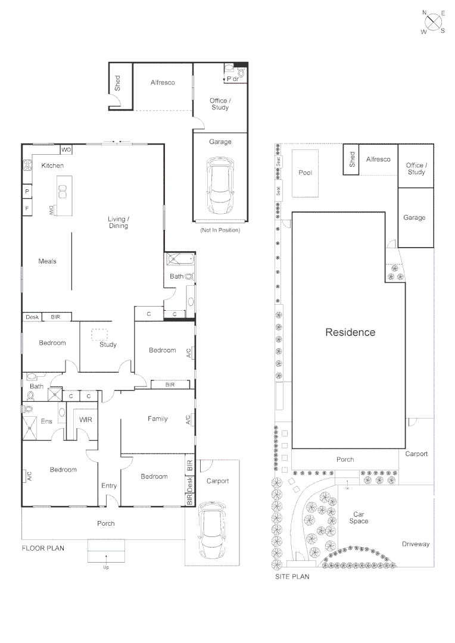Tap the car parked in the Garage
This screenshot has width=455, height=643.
(x=220, y=187)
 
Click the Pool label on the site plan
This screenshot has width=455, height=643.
(x=305, y=173)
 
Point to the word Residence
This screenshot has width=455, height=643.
(x=350, y=332)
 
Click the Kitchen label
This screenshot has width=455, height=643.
(x=52, y=166)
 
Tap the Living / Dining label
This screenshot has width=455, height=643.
(x=118, y=223)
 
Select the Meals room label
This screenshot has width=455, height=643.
(x=47, y=261)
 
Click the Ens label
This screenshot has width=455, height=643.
(x=46, y=422)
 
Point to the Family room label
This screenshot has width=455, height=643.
(x=157, y=419)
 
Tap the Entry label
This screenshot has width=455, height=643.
(x=109, y=486)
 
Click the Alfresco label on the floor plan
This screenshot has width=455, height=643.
(x=163, y=83)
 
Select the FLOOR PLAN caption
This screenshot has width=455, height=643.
(x=43, y=548)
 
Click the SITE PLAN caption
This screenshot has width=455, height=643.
(x=292, y=576)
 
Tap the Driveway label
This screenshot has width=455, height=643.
(x=415, y=544)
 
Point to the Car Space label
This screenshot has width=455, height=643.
(x=359, y=517)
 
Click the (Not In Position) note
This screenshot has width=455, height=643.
(x=220, y=230)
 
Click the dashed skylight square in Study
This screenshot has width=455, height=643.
(x=98, y=335)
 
